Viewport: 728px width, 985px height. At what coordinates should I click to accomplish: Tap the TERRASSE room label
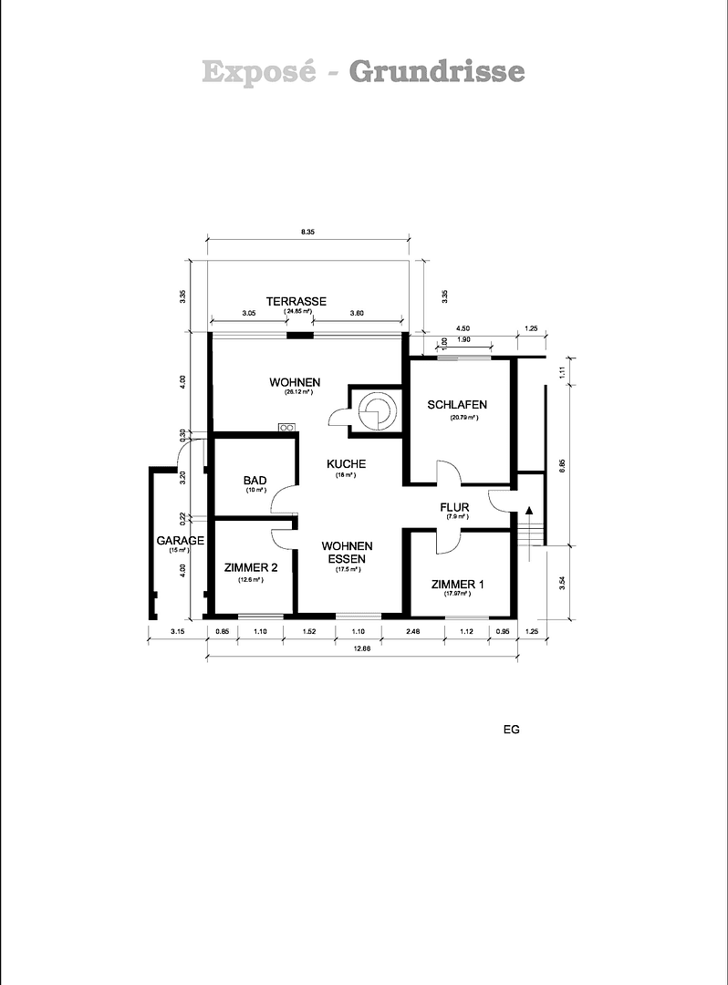tap(296, 301)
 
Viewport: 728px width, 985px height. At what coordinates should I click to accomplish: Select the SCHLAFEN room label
tap(457, 404)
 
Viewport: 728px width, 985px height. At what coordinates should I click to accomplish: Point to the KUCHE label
tap(347, 464)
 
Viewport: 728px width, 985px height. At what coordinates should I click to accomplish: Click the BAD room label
tap(255, 480)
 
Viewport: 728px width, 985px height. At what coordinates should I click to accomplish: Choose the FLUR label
tap(454, 506)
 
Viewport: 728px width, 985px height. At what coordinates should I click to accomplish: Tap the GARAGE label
tap(180, 541)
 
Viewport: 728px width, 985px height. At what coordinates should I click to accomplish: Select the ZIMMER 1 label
tap(459, 584)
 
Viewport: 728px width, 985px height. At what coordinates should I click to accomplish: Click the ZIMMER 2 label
tap(251, 567)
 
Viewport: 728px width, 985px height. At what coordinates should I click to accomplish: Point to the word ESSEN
tap(348, 559)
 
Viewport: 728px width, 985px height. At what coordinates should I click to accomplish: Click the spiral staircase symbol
tap(375, 410)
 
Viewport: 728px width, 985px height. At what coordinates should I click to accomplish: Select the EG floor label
tap(511, 730)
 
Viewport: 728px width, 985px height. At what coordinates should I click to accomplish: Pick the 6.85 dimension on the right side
tap(563, 464)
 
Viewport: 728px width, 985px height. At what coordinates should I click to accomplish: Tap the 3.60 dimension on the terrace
tap(357, 313)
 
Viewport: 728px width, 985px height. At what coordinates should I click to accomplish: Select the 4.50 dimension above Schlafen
tap(463, 328)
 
